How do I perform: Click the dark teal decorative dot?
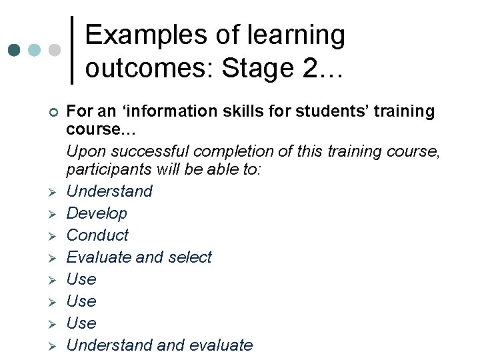14,51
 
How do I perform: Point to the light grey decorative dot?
55,51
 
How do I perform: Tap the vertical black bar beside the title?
71,50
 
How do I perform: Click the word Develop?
97,213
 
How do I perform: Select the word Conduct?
97,235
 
